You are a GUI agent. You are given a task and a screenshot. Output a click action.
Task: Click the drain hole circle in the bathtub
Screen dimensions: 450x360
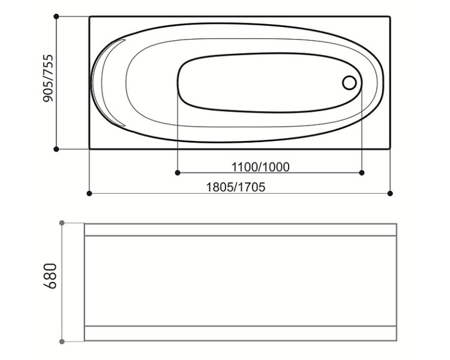(349, 83)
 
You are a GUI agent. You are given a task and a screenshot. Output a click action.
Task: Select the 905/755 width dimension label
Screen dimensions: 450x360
(48, 78)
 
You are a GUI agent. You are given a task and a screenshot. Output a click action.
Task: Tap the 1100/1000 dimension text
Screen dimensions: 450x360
(260, 167)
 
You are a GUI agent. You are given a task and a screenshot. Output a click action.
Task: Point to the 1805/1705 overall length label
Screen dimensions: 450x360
(236, 187)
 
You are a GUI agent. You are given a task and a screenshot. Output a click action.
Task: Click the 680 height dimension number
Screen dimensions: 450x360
(50, 275)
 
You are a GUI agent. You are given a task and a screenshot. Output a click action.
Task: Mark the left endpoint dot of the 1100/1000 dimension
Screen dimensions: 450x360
(178, 173)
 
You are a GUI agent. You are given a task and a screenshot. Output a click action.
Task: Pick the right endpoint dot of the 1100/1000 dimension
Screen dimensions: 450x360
(362, 173)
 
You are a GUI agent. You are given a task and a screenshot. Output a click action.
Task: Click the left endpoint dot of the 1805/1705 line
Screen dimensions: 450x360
(89, 193)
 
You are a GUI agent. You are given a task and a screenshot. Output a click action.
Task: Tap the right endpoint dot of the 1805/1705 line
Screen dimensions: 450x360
(390, 193)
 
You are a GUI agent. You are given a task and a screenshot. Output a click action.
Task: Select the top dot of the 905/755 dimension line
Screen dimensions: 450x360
(56, 17)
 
